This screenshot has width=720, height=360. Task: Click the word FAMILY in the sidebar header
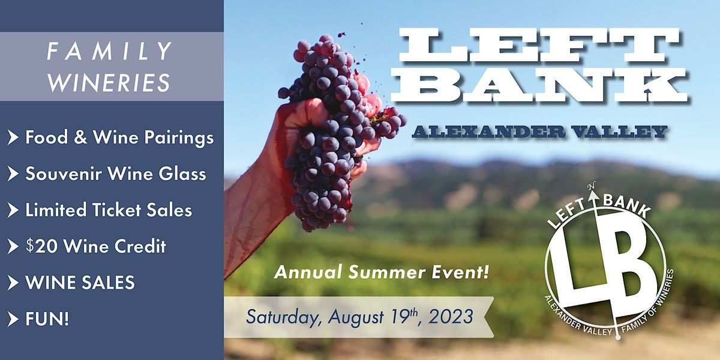[110, 52]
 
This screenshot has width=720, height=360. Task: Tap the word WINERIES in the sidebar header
[110, 83]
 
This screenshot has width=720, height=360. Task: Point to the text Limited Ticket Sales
[109, 210]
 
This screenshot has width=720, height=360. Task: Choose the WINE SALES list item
[80, 282]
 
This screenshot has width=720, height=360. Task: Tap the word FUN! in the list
[47, 318]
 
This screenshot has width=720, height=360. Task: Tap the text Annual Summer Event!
[381, 274]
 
